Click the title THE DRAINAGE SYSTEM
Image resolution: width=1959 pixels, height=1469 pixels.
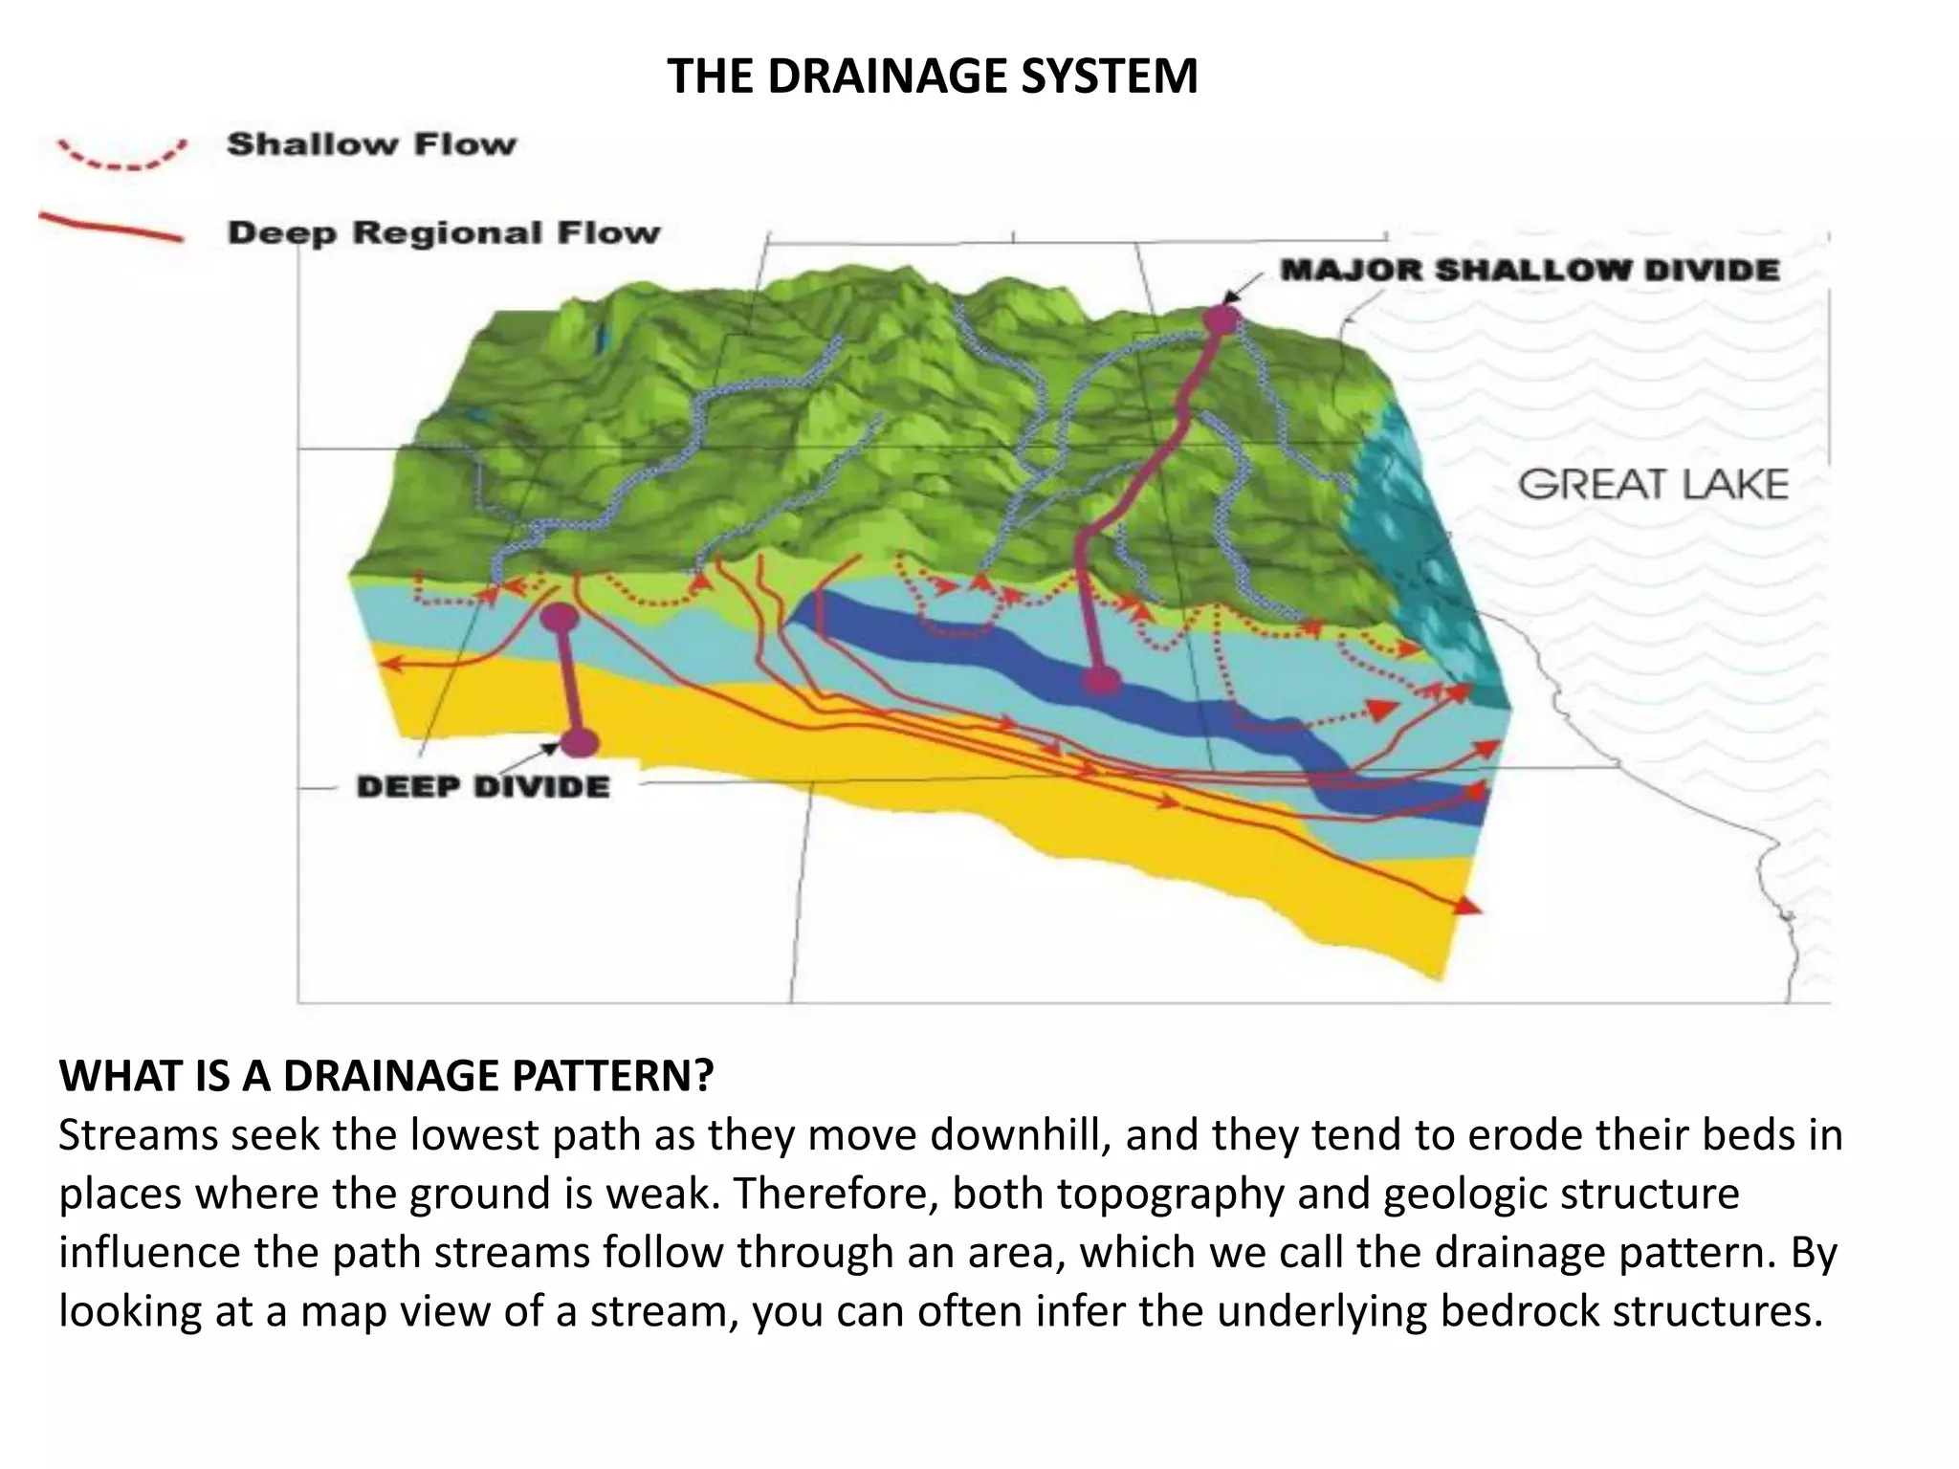(932, 77)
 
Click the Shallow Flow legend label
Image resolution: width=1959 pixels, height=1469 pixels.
(371, 144)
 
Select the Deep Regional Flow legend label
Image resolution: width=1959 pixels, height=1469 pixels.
(444, 232)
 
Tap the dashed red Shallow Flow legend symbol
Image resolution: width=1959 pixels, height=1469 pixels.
(121, 156)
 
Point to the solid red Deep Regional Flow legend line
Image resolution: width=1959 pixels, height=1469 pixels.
(110, 229)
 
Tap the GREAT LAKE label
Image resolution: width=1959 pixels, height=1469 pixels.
(1653, 484)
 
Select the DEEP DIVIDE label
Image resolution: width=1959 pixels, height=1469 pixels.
(483, 787)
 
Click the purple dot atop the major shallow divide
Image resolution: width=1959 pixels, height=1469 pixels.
(1221, 319)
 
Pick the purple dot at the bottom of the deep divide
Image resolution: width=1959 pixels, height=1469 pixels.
(580, 742)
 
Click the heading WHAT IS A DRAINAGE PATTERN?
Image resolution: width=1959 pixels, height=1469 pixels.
(386, 1076)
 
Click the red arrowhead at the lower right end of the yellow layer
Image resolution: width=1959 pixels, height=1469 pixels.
(1466, 905)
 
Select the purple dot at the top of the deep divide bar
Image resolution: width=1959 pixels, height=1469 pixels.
(560, 619)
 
